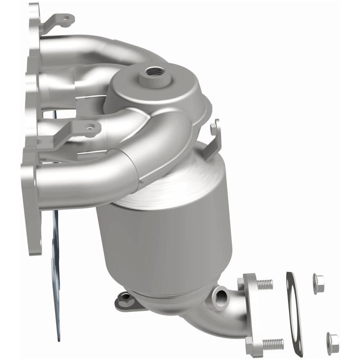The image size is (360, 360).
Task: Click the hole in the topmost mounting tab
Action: click(x=67, y=19)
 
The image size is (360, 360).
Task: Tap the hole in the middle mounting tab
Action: click(x=92, y=128)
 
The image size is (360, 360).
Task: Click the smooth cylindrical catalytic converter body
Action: click(x=162, y=243)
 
